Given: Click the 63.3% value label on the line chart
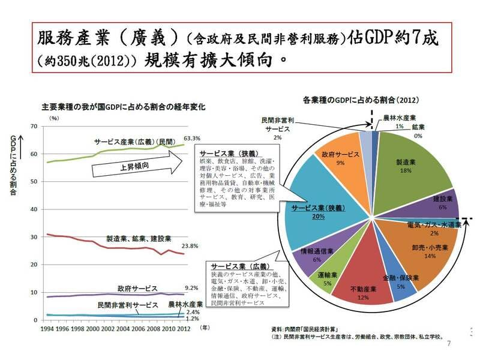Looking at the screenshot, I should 191,139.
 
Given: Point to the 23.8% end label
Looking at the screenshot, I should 190,245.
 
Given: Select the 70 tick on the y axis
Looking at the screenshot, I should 34,126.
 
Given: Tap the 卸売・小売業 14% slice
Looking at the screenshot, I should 426,246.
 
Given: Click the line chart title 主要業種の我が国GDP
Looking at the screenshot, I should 123,107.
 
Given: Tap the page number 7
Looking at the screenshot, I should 449,344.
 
